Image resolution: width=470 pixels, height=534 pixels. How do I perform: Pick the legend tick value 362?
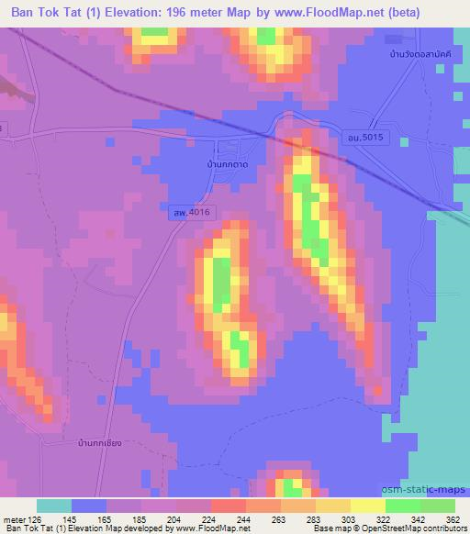coord(453,518)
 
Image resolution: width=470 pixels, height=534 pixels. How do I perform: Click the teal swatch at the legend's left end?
coord(53,506)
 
